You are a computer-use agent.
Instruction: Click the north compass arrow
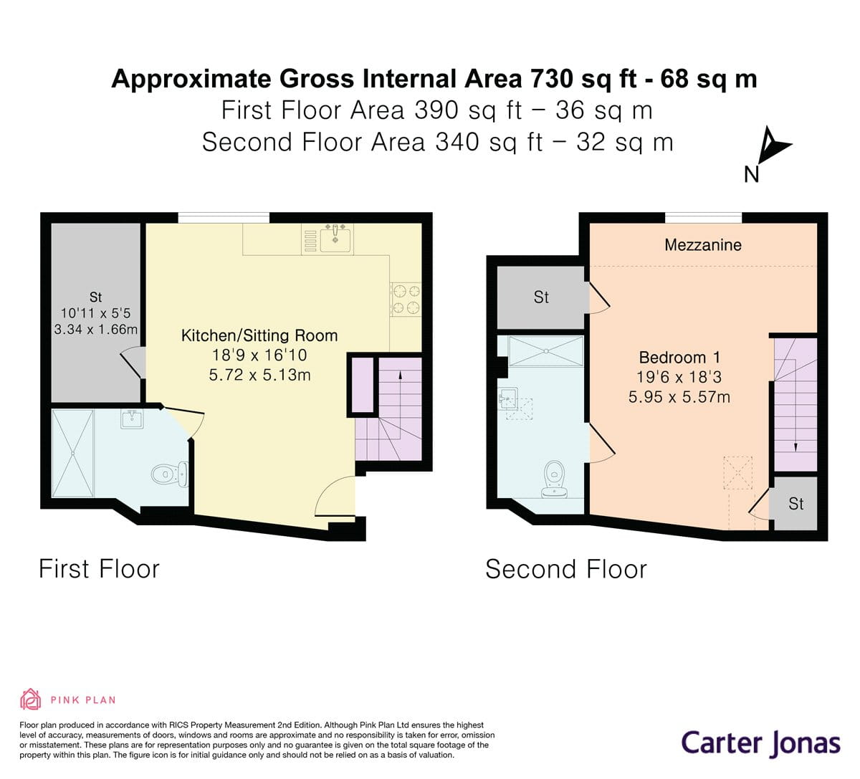(x=774, y=145)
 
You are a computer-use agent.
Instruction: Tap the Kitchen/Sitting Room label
(x=259, y=335)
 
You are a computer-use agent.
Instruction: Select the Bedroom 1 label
(x=679, y=357)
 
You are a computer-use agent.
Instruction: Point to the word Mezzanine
(x=702, y=245)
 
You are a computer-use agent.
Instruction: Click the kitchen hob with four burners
(x=406, y=300)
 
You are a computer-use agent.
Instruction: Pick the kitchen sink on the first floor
(x=335, y=239)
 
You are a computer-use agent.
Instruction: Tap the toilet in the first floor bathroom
(x=169, y=474)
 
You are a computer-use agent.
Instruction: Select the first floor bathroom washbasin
(x=132, y=419)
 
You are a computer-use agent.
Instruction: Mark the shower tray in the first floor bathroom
(x=72, y=453)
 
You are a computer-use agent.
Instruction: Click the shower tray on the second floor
(x=546, y=351)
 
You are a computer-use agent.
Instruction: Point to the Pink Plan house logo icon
(x=31, y=699)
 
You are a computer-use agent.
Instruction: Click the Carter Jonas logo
(x=760, y=744)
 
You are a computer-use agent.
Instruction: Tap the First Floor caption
(x=99, y=569)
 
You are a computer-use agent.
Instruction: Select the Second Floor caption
(x=566, y=569)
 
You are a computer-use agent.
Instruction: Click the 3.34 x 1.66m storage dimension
(x=95, y=329)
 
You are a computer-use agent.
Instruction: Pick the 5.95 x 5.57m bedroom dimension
(x=679, y=396)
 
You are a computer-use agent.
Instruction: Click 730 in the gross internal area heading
(x=552, y=79)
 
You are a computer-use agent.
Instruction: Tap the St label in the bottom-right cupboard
(x=795, y=504)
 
